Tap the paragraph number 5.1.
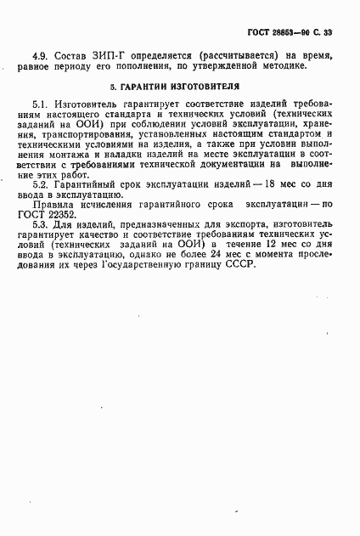[40, 104]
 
